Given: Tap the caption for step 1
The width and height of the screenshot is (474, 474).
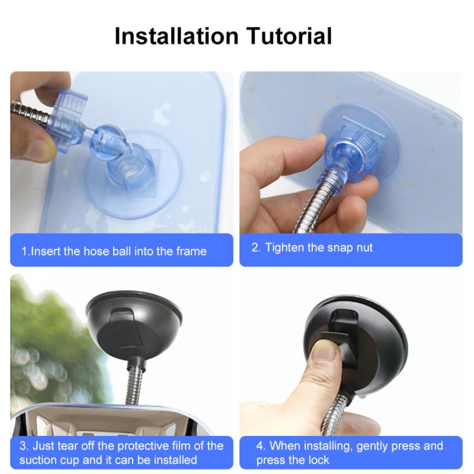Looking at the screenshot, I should tap(114, 251).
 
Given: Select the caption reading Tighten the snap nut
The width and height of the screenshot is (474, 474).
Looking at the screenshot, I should tap(312, 247).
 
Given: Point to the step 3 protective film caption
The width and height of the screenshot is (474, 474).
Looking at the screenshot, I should tap(121, 453).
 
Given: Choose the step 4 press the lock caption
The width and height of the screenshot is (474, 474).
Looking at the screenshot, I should tap(349, 453).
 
